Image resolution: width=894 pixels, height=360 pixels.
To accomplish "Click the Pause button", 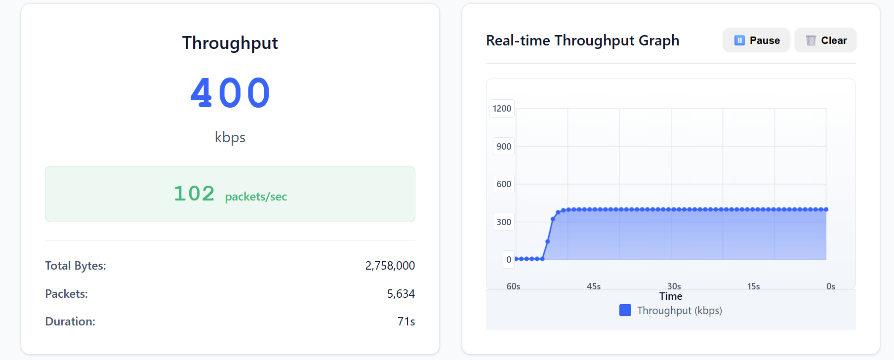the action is point(756,40).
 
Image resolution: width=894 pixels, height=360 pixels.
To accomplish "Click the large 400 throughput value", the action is point(230,93).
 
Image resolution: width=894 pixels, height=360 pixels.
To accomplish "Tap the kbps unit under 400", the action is point(230,137).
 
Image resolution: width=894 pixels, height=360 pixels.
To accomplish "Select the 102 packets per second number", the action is point(194,194).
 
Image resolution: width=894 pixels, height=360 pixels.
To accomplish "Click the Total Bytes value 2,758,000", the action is point(390,266).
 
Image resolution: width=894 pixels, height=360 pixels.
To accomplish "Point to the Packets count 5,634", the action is point(401,294).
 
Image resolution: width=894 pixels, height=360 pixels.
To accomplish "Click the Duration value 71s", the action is point(406,321).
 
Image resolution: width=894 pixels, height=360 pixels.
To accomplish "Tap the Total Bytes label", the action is point(76,266).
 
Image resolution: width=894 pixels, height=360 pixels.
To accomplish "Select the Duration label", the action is point(70,321).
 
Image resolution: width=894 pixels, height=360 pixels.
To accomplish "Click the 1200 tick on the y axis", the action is point(502,109).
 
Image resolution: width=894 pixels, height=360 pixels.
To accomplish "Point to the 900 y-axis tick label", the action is point(504,146).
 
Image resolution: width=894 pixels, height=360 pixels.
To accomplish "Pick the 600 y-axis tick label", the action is point(504,184).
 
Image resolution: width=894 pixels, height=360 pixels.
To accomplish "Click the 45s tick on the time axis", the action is point(594,286).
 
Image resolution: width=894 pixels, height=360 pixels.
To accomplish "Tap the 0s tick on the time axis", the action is point(831,286).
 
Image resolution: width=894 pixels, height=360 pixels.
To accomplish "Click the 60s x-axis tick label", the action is point(513,286).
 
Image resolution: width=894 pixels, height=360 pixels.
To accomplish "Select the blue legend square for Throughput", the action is point(625,310).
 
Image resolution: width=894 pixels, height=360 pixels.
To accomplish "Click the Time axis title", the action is point(671,296).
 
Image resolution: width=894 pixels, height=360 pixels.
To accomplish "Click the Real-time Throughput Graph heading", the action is point(583,40).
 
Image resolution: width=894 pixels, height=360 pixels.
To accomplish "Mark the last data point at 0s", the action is point(826,209).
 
